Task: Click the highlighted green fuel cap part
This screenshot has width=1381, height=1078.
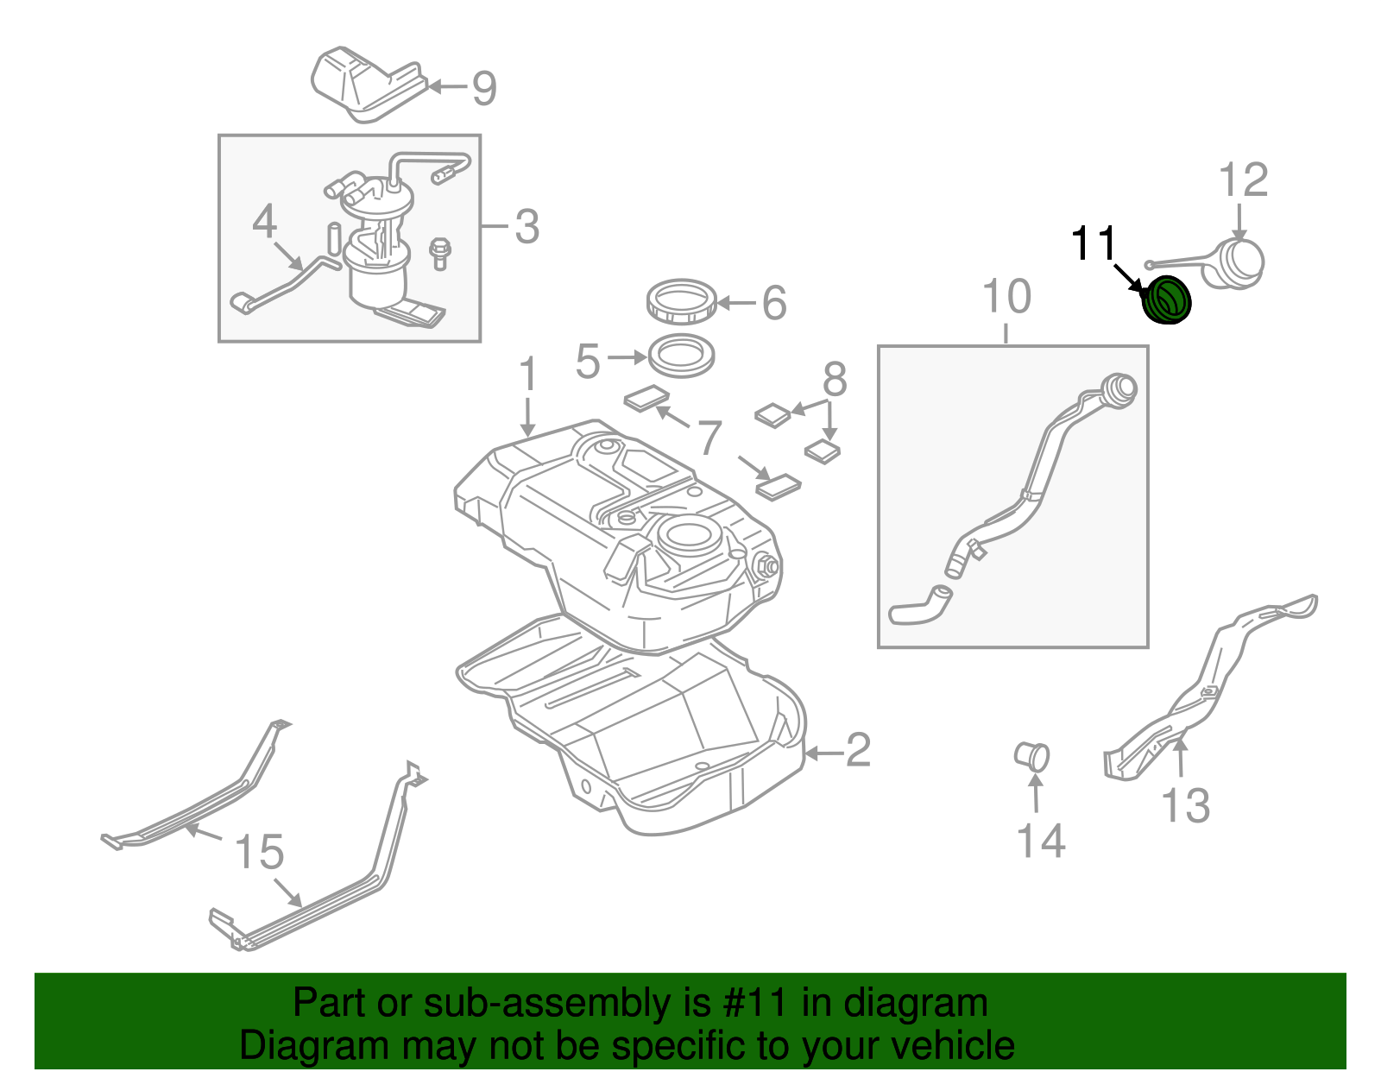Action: click(x=1167, y=300)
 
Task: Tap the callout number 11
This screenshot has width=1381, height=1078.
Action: click(x=1094, y=244)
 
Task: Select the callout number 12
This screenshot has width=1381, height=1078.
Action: click(x=1243, y=180)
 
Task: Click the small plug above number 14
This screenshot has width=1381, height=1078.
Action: click(x=1032, y=756)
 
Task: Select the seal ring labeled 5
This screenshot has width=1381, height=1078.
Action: click(x=682, y=356)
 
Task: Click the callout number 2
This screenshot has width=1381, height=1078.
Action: click(x=857, y=751)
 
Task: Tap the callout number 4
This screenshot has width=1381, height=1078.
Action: click(x=264, y=222)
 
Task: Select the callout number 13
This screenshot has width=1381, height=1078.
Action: click(x=1186, y=805)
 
